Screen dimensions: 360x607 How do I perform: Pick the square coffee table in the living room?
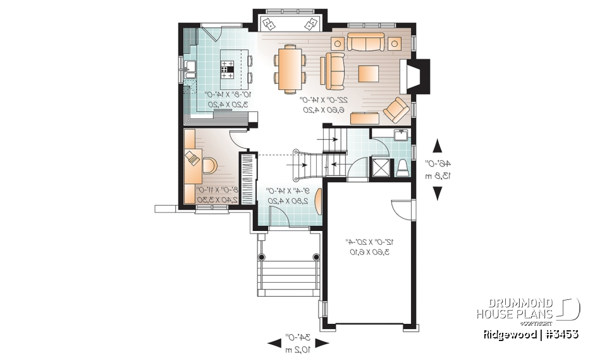point(369,73)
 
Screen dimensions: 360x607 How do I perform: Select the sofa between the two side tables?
point(365,42)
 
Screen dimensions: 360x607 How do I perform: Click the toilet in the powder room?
point(402,168)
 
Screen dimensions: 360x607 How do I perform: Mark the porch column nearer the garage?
point(317,257)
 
